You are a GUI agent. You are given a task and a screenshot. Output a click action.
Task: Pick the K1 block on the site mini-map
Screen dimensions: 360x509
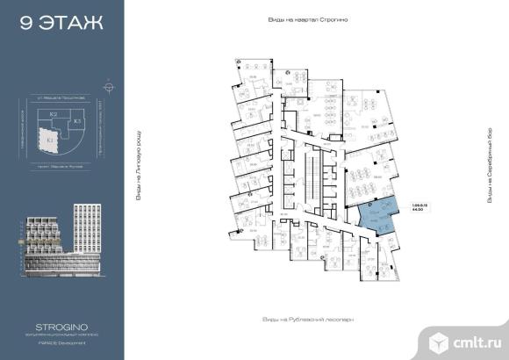tap(49, 139)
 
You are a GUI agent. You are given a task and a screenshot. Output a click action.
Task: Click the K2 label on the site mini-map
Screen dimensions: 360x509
tap(54, 114)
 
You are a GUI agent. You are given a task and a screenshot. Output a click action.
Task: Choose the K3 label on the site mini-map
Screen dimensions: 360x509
tap(76, 119)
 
